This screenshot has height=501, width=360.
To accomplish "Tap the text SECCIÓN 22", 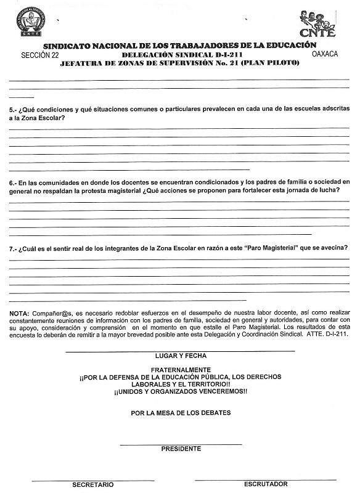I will coord(40,55).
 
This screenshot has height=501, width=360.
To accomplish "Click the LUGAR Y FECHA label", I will coord(181,356).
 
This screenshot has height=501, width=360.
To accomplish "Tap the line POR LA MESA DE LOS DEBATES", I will coord(181,413).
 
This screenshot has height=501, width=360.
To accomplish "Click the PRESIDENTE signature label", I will coord(181,449).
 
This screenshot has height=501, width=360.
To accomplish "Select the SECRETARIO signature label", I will coord(92,485).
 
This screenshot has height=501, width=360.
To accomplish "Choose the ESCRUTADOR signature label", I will coord(266,484).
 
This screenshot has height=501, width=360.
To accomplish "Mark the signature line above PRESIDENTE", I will coord(181,444).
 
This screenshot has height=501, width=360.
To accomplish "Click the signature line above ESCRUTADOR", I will coord(266,479).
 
